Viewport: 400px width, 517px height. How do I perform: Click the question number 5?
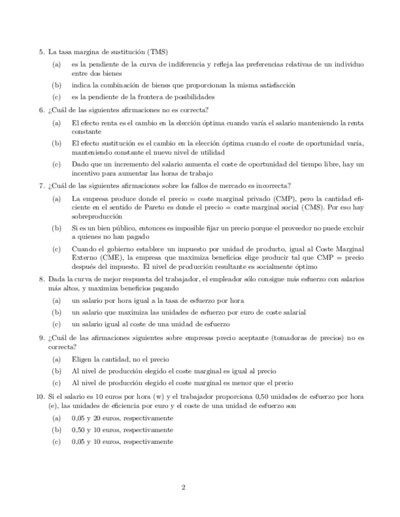click(41, 52)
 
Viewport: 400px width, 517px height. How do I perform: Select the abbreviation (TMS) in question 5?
click(158, 52)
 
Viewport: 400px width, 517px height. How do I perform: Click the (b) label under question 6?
click(56, 144)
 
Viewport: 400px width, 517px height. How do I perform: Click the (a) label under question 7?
click(56, 198)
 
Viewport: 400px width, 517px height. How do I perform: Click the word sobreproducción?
click(96, 216)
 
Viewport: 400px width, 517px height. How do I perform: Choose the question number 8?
click(41, 279)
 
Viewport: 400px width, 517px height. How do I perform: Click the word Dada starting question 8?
click(56, 279)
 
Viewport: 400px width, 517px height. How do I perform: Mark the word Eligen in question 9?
click(81, 360)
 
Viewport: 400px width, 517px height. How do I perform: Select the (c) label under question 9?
click(56, 383)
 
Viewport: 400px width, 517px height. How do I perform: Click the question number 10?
click(40, 397)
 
